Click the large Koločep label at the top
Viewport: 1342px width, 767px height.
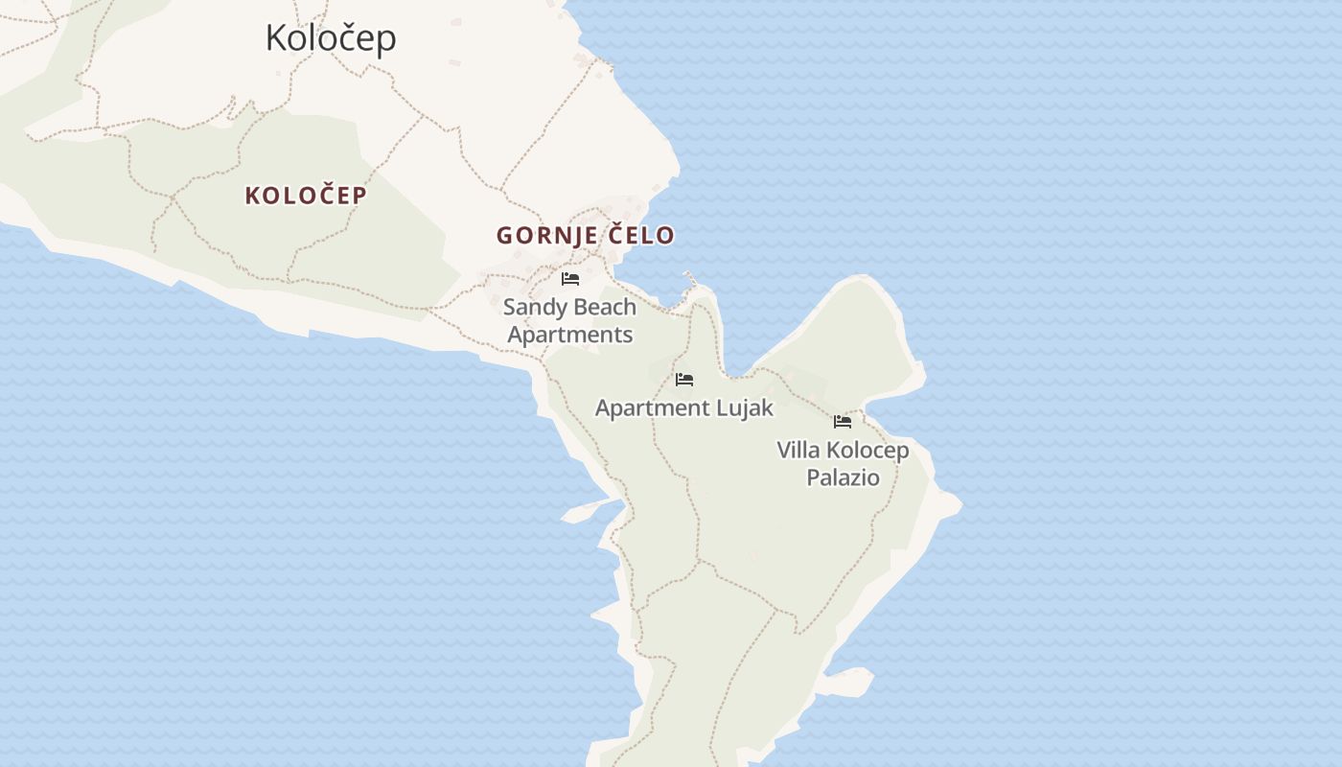pos(330,38)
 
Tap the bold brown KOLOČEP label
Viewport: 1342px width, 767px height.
pos(306,196)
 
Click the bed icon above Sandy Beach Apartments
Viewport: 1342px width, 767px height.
pos(570,279)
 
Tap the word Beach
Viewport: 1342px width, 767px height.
pos(605,308)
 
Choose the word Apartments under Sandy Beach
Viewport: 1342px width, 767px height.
pos(570,335)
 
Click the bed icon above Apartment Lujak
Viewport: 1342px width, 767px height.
pos(684,380)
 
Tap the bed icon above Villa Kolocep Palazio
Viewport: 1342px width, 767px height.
pos(843,421)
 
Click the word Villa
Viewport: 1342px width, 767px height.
pos(798,450)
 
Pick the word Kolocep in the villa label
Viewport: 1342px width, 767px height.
pos(868,450)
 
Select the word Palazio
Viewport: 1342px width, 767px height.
pos(843,476)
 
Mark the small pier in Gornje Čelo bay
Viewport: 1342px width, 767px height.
pos(690,281)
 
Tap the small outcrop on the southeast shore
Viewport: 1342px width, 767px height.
pos(848,682)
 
